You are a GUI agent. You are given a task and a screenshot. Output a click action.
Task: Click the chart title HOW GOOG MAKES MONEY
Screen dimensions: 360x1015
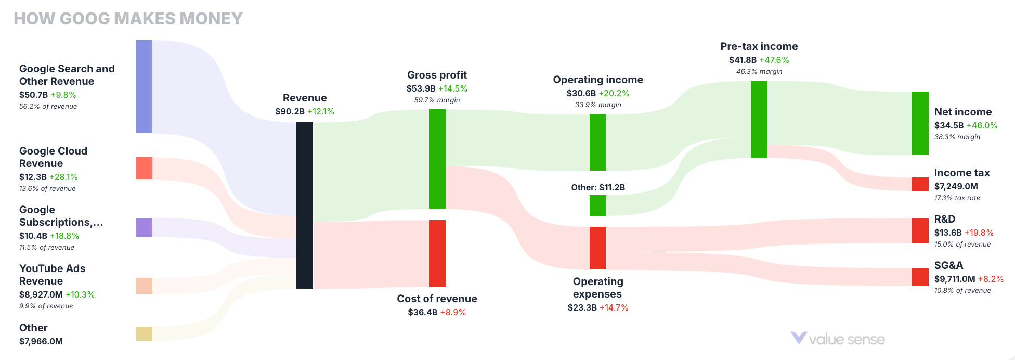[x=128, y=19]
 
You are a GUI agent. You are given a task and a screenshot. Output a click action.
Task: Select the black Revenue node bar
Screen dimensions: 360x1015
[x=305, y=205]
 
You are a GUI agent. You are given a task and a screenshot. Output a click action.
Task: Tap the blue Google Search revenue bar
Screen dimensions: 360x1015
[x=144, y=86]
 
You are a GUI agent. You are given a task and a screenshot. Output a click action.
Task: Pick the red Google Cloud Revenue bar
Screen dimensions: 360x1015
[x=144, y=169]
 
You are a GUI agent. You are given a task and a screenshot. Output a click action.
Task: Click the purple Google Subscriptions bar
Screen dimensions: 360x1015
[x=144, y=227]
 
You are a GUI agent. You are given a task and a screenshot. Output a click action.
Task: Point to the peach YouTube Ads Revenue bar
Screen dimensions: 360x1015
[x=144, y=286]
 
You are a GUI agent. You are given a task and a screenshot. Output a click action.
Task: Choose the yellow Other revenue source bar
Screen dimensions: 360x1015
[x=144, y=334]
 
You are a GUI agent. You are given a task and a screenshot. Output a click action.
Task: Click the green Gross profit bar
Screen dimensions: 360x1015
[x=437, y=159]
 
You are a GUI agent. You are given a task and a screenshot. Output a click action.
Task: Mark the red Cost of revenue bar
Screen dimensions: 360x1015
[x=437, y=253]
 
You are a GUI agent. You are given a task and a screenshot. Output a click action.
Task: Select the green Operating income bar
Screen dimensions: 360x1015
[x=598, y=143]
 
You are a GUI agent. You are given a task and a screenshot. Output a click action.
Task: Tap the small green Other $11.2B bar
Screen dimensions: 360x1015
[x=598, y=205]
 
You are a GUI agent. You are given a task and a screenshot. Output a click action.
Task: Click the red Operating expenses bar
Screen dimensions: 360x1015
[x=598, y=248]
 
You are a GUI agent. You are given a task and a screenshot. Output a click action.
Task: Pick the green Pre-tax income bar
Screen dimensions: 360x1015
[x=759, y=119]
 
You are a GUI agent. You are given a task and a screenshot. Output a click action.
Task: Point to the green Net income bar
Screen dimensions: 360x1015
[x=920, y=123]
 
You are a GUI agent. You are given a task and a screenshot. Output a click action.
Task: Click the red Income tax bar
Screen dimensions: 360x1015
[x=920, y=184]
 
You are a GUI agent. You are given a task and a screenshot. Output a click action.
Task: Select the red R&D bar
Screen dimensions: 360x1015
[x=920, y=230]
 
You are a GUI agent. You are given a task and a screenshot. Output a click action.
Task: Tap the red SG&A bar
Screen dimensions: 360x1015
[x=920, y=277]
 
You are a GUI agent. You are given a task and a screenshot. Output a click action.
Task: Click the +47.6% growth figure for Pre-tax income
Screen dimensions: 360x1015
[x=774, y=60]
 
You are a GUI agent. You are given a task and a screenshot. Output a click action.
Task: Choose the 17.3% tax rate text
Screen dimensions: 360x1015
[x=957, y=198]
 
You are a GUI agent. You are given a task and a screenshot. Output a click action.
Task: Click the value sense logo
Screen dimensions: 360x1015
[x=838, y=339]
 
